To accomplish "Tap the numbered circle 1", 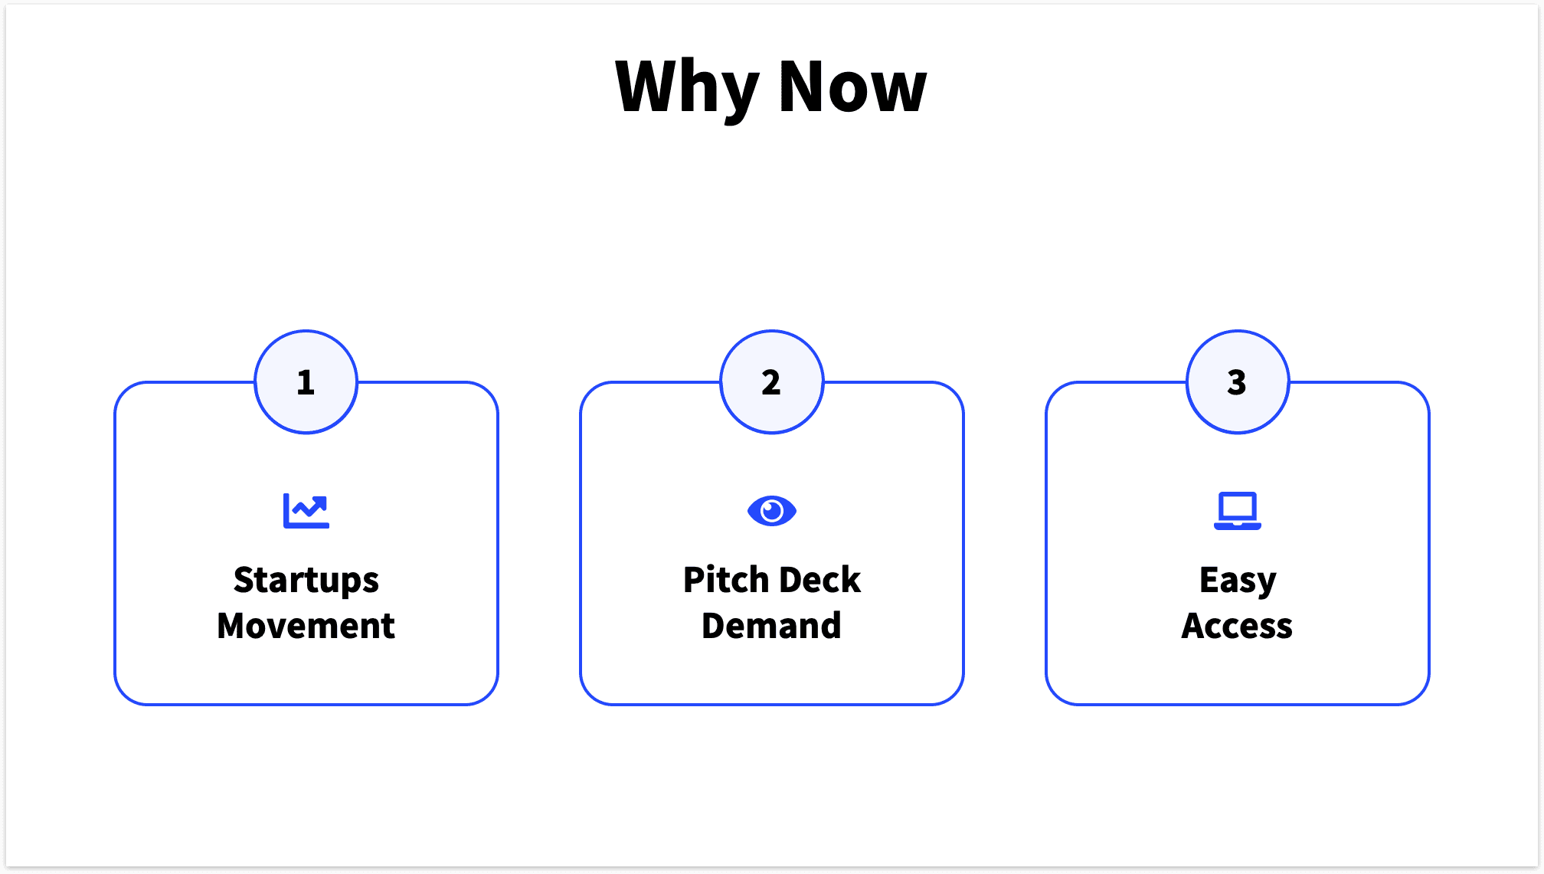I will coord(306,382).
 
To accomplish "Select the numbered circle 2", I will coord(771,382).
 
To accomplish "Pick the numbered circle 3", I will coord(1237,382).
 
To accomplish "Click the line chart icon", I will coord(306,511).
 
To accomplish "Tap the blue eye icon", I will coord(771,511).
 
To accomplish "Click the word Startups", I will coord(306,581).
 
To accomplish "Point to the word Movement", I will coord(306,626).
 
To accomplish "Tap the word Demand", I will coord(771,626).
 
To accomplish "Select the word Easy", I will coord(1237,581).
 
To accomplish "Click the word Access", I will coord(1237,626).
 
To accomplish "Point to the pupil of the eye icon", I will coord(772,510).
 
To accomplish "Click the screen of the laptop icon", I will coord(1237,506).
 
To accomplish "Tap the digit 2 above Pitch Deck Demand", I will coord(771,382).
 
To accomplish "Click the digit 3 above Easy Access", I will coord(1237,382).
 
